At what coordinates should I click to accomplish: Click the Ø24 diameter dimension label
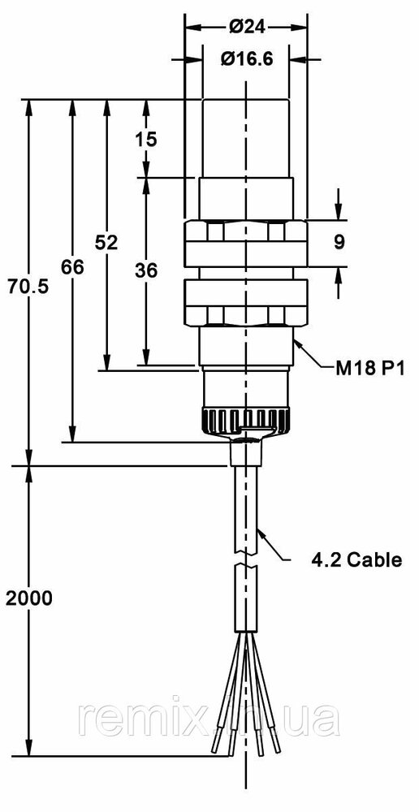pos(246,27)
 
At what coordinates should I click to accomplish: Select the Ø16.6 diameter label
pos(246,59)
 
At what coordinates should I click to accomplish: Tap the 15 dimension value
pos(145,140)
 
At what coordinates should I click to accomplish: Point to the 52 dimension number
pos(106,242)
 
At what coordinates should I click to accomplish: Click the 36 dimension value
pos(146,270)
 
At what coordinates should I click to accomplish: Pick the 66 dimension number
pos(72,268)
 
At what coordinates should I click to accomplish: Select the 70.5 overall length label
pos(28,287)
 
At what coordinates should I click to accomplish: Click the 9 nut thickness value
pos(339,242)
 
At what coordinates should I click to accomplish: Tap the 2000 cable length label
pos(29,598)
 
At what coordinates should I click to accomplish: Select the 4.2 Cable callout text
pos(356,559)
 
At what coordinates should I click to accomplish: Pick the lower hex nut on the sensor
pos(246,303)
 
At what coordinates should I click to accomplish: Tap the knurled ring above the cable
pos(247,421)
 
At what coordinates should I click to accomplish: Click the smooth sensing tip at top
pos(245,138)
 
